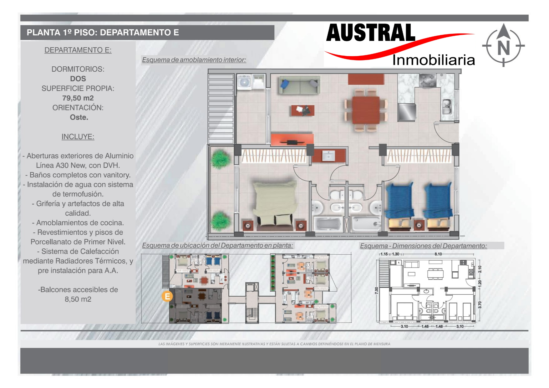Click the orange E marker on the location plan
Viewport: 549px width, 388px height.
click(x=167, y=296)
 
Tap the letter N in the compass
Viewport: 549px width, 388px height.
click(x=503, y=48)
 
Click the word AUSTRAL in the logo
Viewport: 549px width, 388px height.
click(x=371, y=33)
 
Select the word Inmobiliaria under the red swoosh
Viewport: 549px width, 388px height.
click(x=434, y=60)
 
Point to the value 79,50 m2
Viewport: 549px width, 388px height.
click(x=78, y=98)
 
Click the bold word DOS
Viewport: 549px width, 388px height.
click(x=78, y=79)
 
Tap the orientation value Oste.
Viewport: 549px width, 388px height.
click(x=79, y=117)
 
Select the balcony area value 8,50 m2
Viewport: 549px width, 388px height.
click(x=78, y=299)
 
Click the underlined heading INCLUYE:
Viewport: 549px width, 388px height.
click(x=78, y=137)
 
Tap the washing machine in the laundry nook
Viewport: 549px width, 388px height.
click(x=244, y=82)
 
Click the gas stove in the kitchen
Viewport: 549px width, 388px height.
click(x=427, y=80)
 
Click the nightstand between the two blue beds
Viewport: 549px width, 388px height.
click(x=419, y=225)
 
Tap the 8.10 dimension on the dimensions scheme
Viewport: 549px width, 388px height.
click(x=438, y=254)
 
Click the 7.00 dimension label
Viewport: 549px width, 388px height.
click(x=376, y=290)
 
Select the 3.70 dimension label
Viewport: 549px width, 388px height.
click(x=480, y=304)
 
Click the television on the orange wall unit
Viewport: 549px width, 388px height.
click(x=292, y=142)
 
